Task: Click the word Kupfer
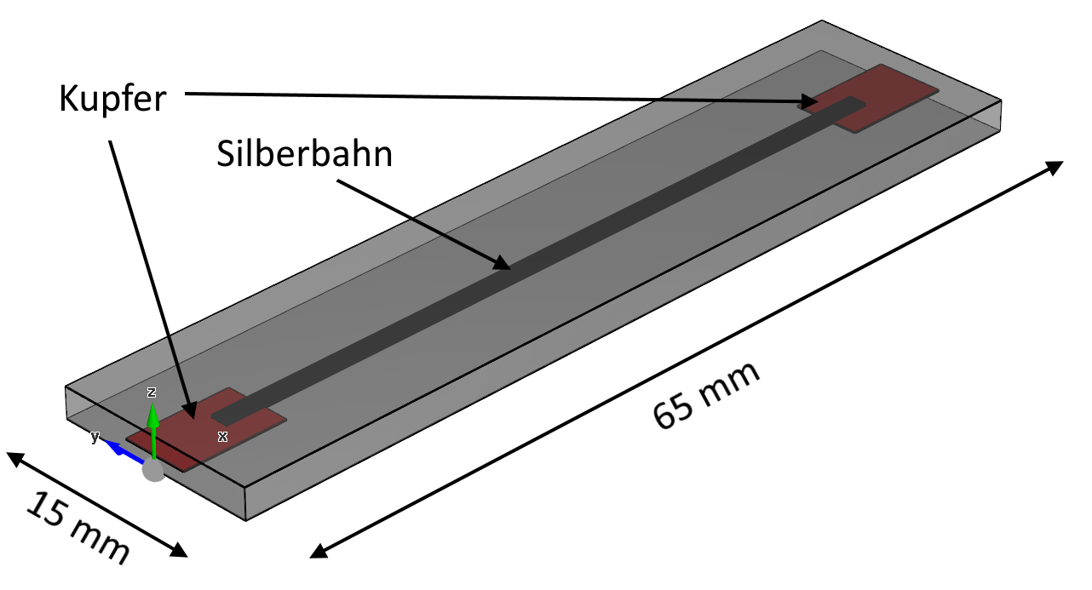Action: click(112, 100)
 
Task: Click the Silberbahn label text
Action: click(304, 154)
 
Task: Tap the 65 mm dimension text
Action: click(706, 396)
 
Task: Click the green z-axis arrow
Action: click(153, 431)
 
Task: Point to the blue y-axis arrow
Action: click(124, 451)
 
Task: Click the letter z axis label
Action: click(152, 392)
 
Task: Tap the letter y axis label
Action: click(95, 437)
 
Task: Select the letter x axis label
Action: click(223, 437)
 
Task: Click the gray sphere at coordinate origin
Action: click(154, 470)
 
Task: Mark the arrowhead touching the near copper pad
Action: click(189, 410)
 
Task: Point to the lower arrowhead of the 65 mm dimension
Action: click(319, 551)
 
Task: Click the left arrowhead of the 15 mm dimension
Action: click(14, 459)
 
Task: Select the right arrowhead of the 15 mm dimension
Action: click(179, 550)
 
